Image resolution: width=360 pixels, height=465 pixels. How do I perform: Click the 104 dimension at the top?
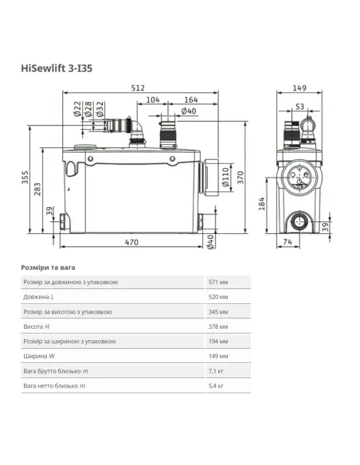tap(153, 101)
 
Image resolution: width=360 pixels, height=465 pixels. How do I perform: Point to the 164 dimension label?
tap(190, 101)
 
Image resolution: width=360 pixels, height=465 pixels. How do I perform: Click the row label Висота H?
tap(37, 326)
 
